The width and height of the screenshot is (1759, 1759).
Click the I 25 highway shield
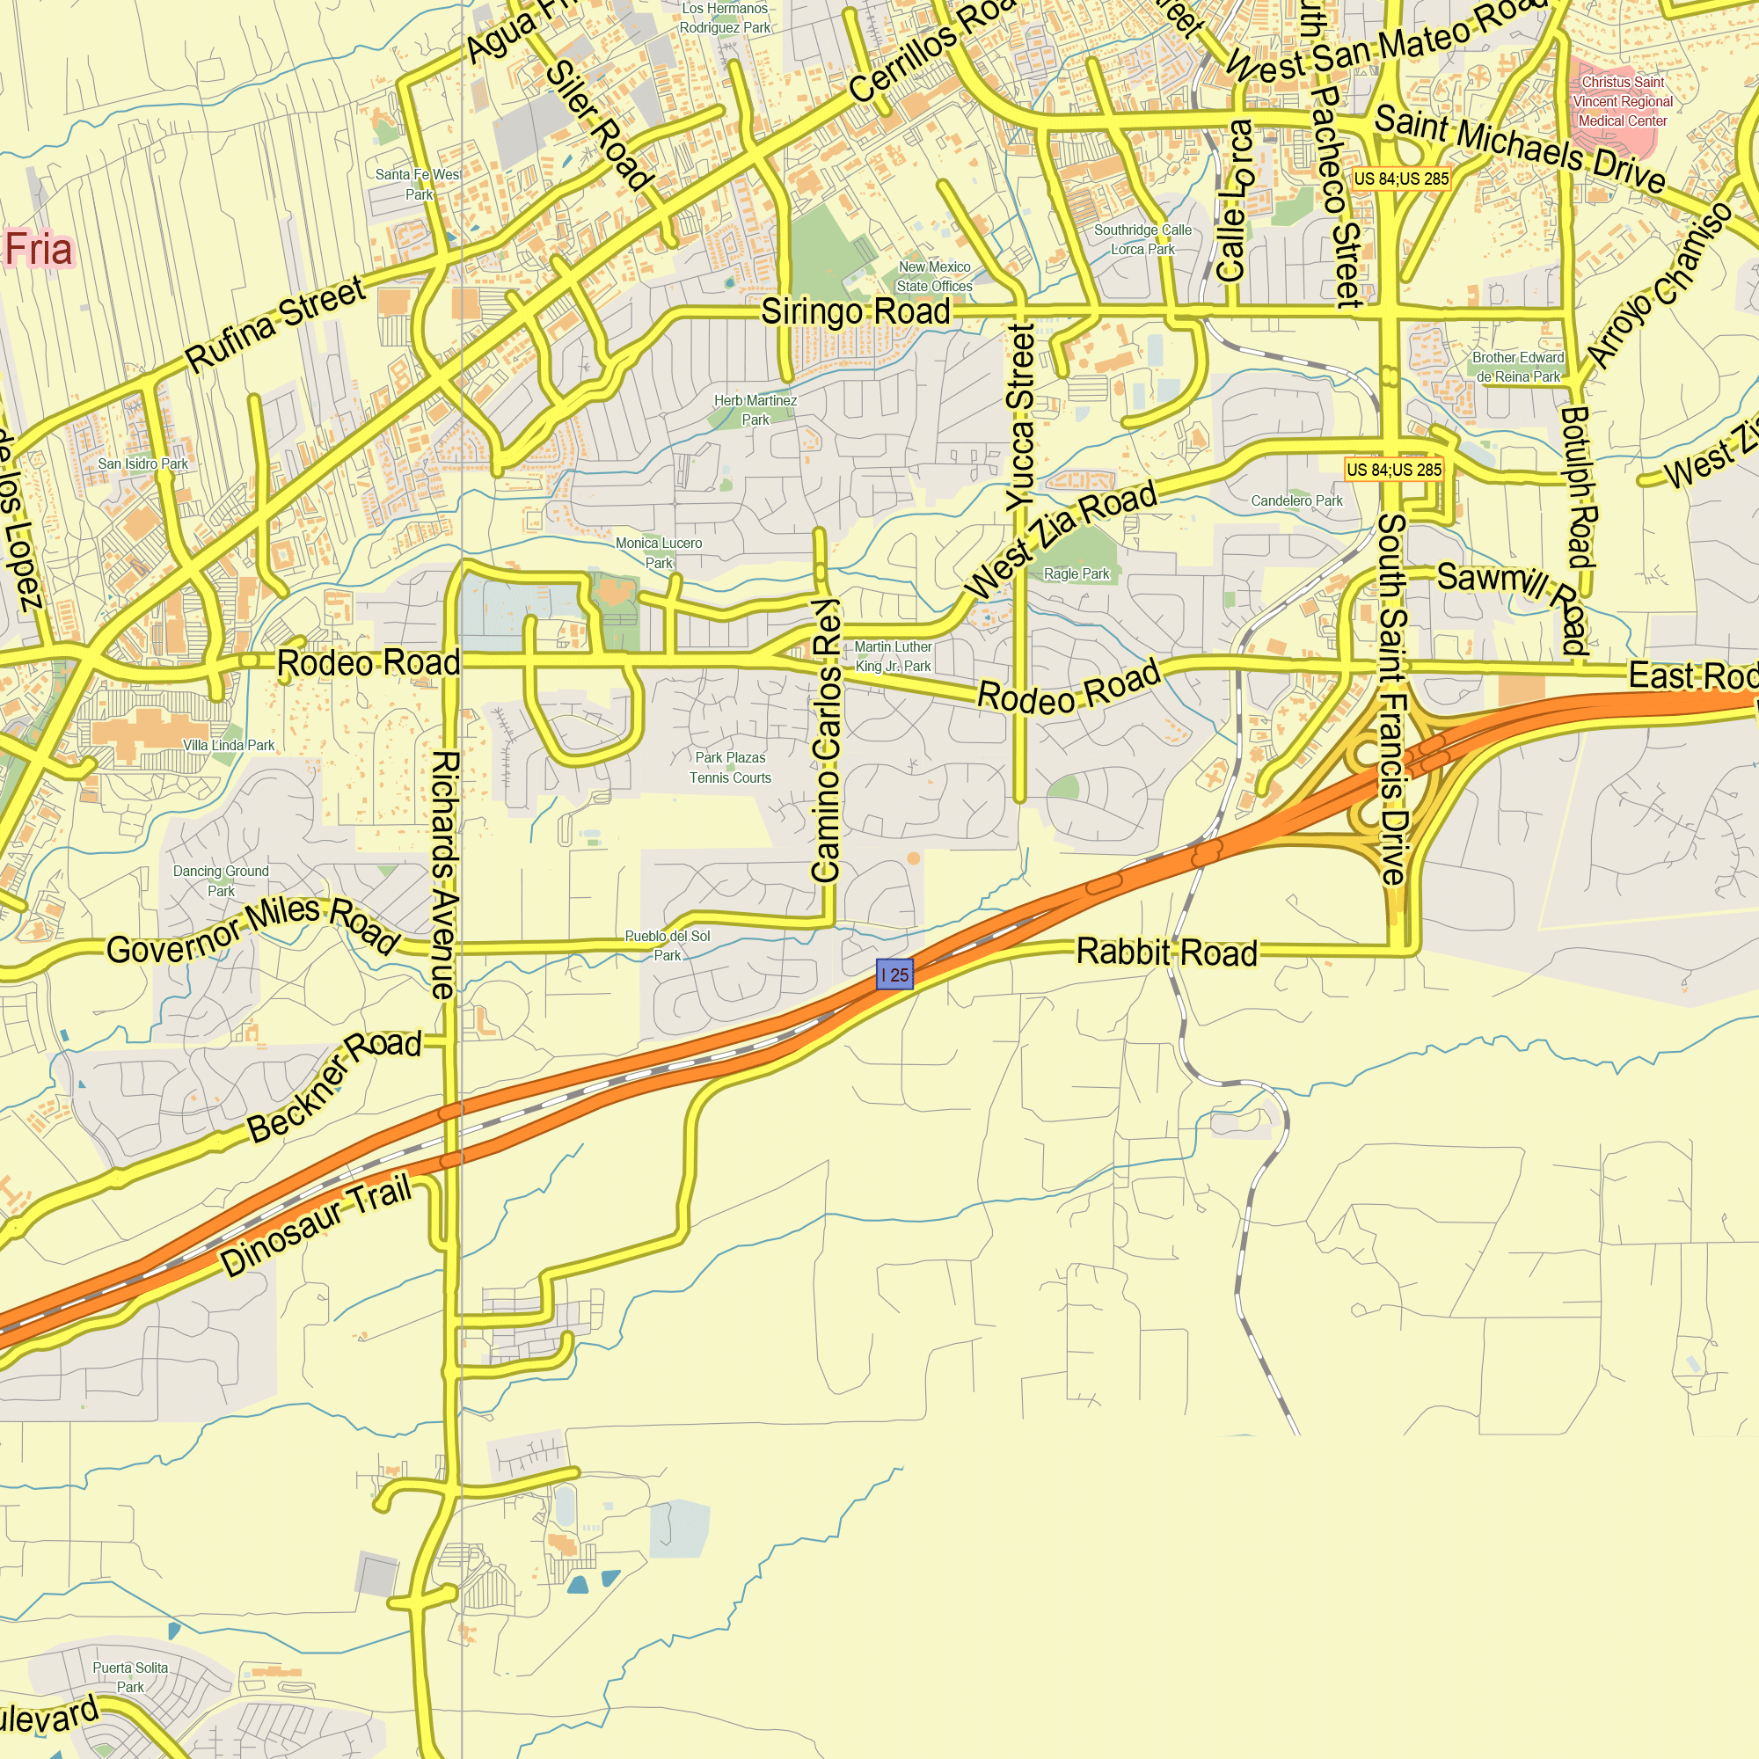pos(894,975)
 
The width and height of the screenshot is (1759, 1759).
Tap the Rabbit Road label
pos(1166,952)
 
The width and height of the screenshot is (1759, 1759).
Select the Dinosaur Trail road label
pos(316,1224)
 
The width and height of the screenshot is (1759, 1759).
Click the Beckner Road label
pos(334,1085)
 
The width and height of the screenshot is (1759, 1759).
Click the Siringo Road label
pos(855,311)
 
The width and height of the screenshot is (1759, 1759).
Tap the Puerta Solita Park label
pos(130,1677)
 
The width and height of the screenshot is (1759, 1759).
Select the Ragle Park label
pos(1077,573)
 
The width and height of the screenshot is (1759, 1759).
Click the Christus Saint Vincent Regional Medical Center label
pos(1623,101)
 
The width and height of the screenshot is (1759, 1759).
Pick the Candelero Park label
pos(1296,500)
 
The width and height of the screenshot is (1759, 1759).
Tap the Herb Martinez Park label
pos(755,410)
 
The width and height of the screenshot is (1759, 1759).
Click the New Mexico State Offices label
pos(934,276)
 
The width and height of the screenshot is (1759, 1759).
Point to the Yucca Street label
pos(1020,417)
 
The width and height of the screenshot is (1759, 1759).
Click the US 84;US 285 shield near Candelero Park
pos(1394,470)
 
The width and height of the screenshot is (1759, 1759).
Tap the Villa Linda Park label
pos(229,745)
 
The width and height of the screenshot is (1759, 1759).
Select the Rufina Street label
pos(275,325)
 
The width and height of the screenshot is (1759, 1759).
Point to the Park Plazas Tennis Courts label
pos(729,768)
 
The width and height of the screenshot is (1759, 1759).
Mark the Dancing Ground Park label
pos(221,880)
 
